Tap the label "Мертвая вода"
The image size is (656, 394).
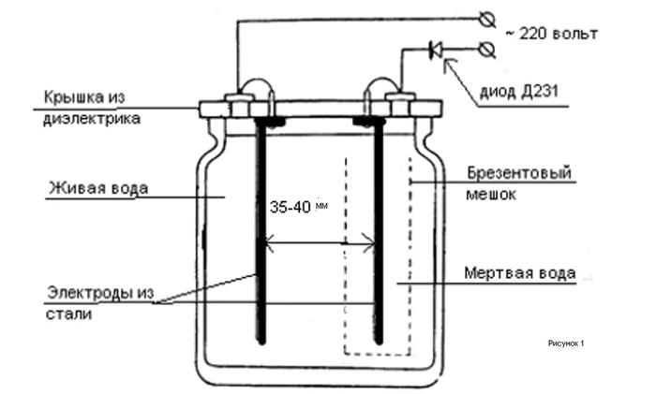tap(519, 275)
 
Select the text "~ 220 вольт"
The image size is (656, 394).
tap(553, 35)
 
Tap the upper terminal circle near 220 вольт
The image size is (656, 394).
tap(485, 18)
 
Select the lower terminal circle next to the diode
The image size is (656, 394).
tap(485, 47)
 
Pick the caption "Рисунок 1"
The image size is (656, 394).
tap(565, 343)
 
